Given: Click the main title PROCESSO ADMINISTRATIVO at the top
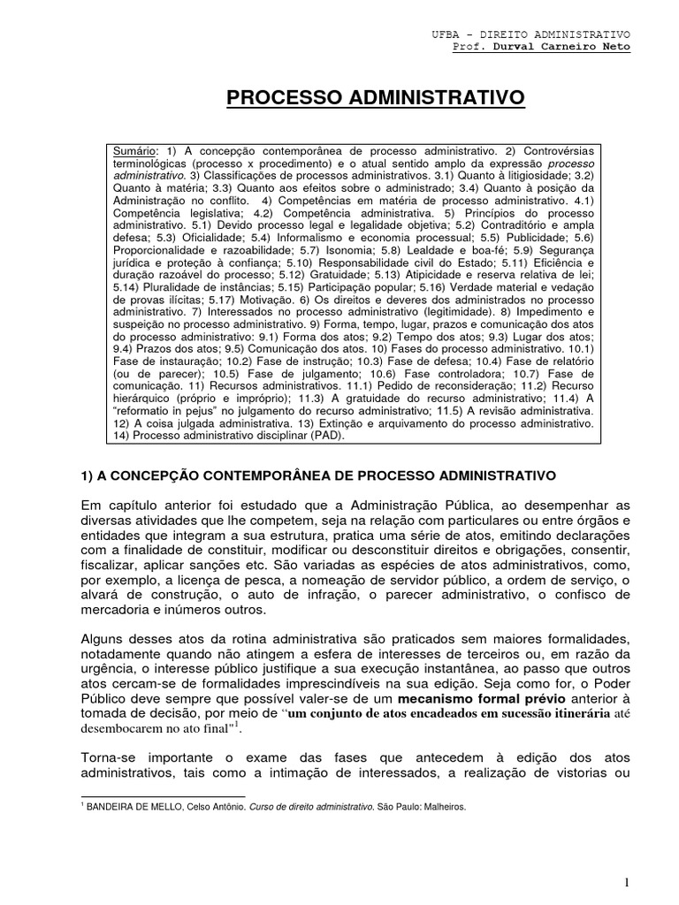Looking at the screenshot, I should [x=376, y=96].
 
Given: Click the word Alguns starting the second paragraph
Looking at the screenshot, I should [x=103, y=639].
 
